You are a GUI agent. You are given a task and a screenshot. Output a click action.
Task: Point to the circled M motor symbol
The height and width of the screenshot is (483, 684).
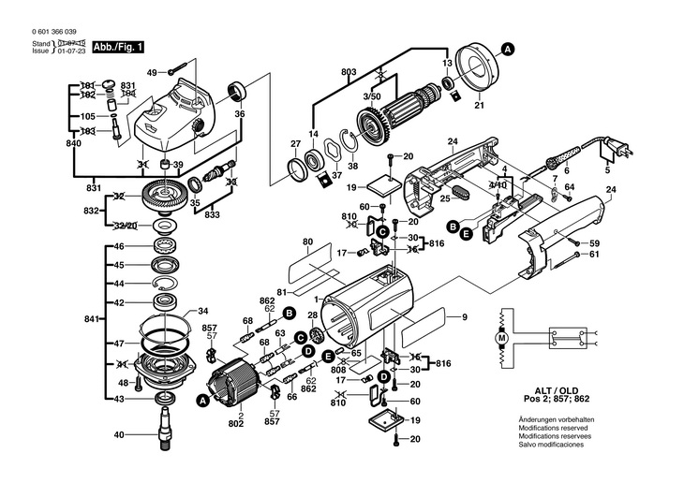point(501,336)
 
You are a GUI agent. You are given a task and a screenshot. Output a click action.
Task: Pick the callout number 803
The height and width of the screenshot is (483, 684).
point(349,72)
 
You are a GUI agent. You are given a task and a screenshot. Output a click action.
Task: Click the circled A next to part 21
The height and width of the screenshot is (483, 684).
point(507,48)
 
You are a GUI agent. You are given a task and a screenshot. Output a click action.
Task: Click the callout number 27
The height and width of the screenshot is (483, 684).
point(295,143)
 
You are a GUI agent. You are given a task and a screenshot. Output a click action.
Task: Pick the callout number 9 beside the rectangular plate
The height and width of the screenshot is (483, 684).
point(463,318)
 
